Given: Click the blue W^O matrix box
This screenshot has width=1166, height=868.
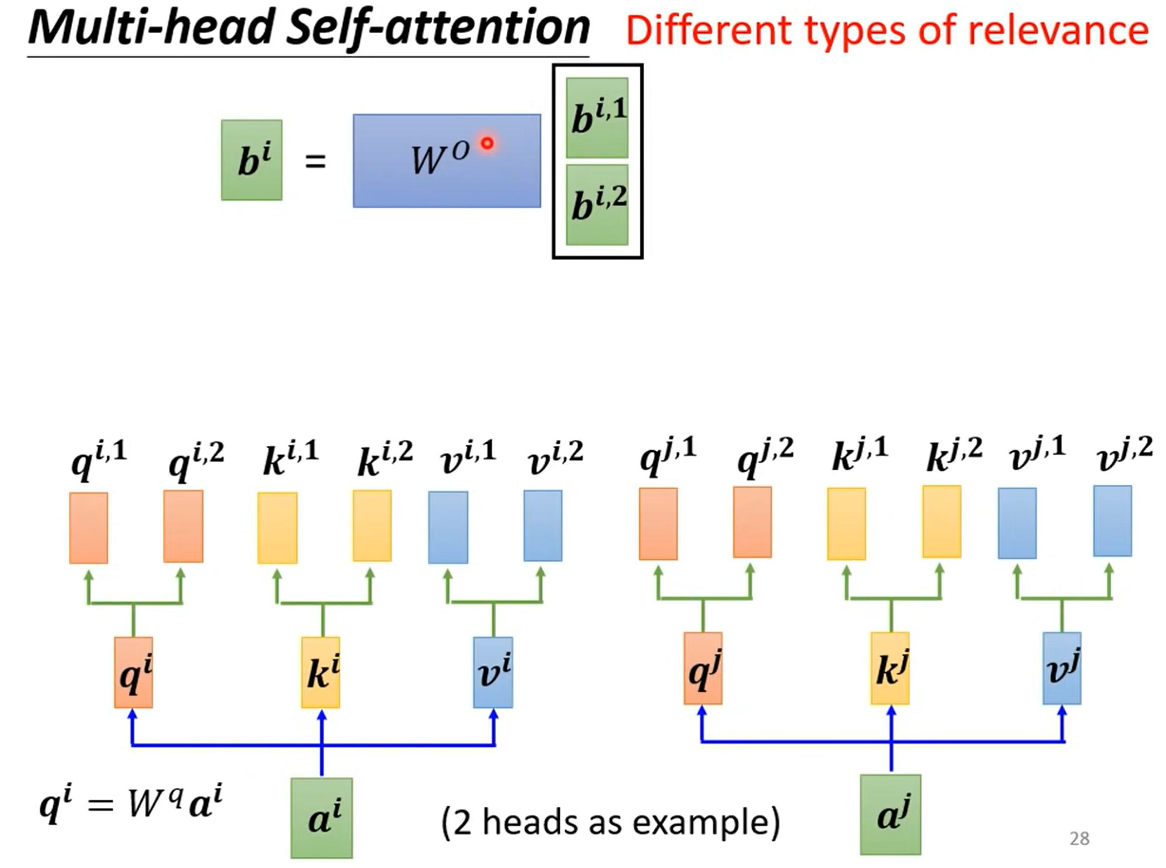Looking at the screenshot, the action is pyautogui.click(x=447, y=161).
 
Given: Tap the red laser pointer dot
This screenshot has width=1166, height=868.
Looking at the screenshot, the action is pyautogui.click(x=487, y=143).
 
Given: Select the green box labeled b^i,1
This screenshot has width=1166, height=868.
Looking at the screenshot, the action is pyautogui.click(x=597, y=118).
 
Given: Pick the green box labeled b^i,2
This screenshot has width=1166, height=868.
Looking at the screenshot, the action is pyautogui.click(x=597, y=205).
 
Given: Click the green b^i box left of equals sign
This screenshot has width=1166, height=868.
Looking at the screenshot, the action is pyautogui.click(x=252, y=160).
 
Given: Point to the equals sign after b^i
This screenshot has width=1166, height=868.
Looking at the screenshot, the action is pyautogui.click(x=316, y=161).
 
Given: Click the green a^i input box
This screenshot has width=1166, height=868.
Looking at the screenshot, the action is pyautogui.click(x=321, y=818).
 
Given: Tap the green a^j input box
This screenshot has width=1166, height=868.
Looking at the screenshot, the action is pyautogui.click(x=890, y=814).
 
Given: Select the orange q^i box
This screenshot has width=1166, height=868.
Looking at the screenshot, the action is pyautogui.click(x=133, y=672).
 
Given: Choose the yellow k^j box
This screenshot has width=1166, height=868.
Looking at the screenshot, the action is pyautogui.click(x=890, y=668).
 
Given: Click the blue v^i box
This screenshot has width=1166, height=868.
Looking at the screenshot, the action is pyautogui.click(x=493, y=672).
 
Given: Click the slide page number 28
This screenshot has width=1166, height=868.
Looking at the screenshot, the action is pyautogui.click(x=1079, y=838).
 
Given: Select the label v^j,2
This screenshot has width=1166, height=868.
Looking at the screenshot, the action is pyautogui.click(x=1124, y=454).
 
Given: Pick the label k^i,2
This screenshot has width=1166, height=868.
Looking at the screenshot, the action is pyautogui.click(x=385, y=458).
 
